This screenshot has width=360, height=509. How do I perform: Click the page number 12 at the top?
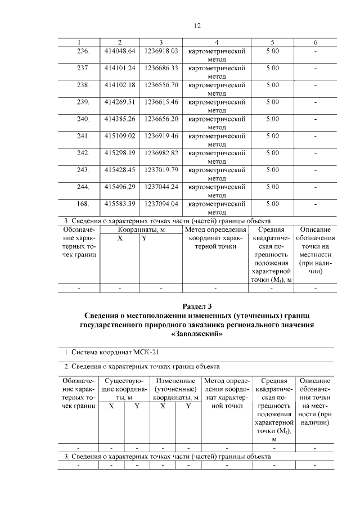tap(197, 25)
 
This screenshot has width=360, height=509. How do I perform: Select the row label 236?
tap(83, 51)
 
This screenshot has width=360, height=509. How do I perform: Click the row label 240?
tap(83, 119)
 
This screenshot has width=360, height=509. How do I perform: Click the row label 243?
tap(83, 169)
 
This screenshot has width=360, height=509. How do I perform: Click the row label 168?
tap(83, 203)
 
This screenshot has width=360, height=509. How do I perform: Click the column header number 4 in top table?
tap(217, 43)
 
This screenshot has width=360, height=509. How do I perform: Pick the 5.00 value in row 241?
tap(272, 136)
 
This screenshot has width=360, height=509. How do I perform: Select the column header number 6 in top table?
tap(315, 43)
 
